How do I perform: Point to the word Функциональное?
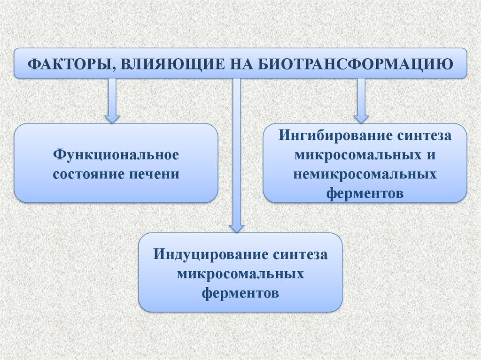[116, 154]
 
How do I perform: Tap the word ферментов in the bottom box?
[240, 293]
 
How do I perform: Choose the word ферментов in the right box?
[365, 193]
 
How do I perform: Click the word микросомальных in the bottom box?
[240, 274]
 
